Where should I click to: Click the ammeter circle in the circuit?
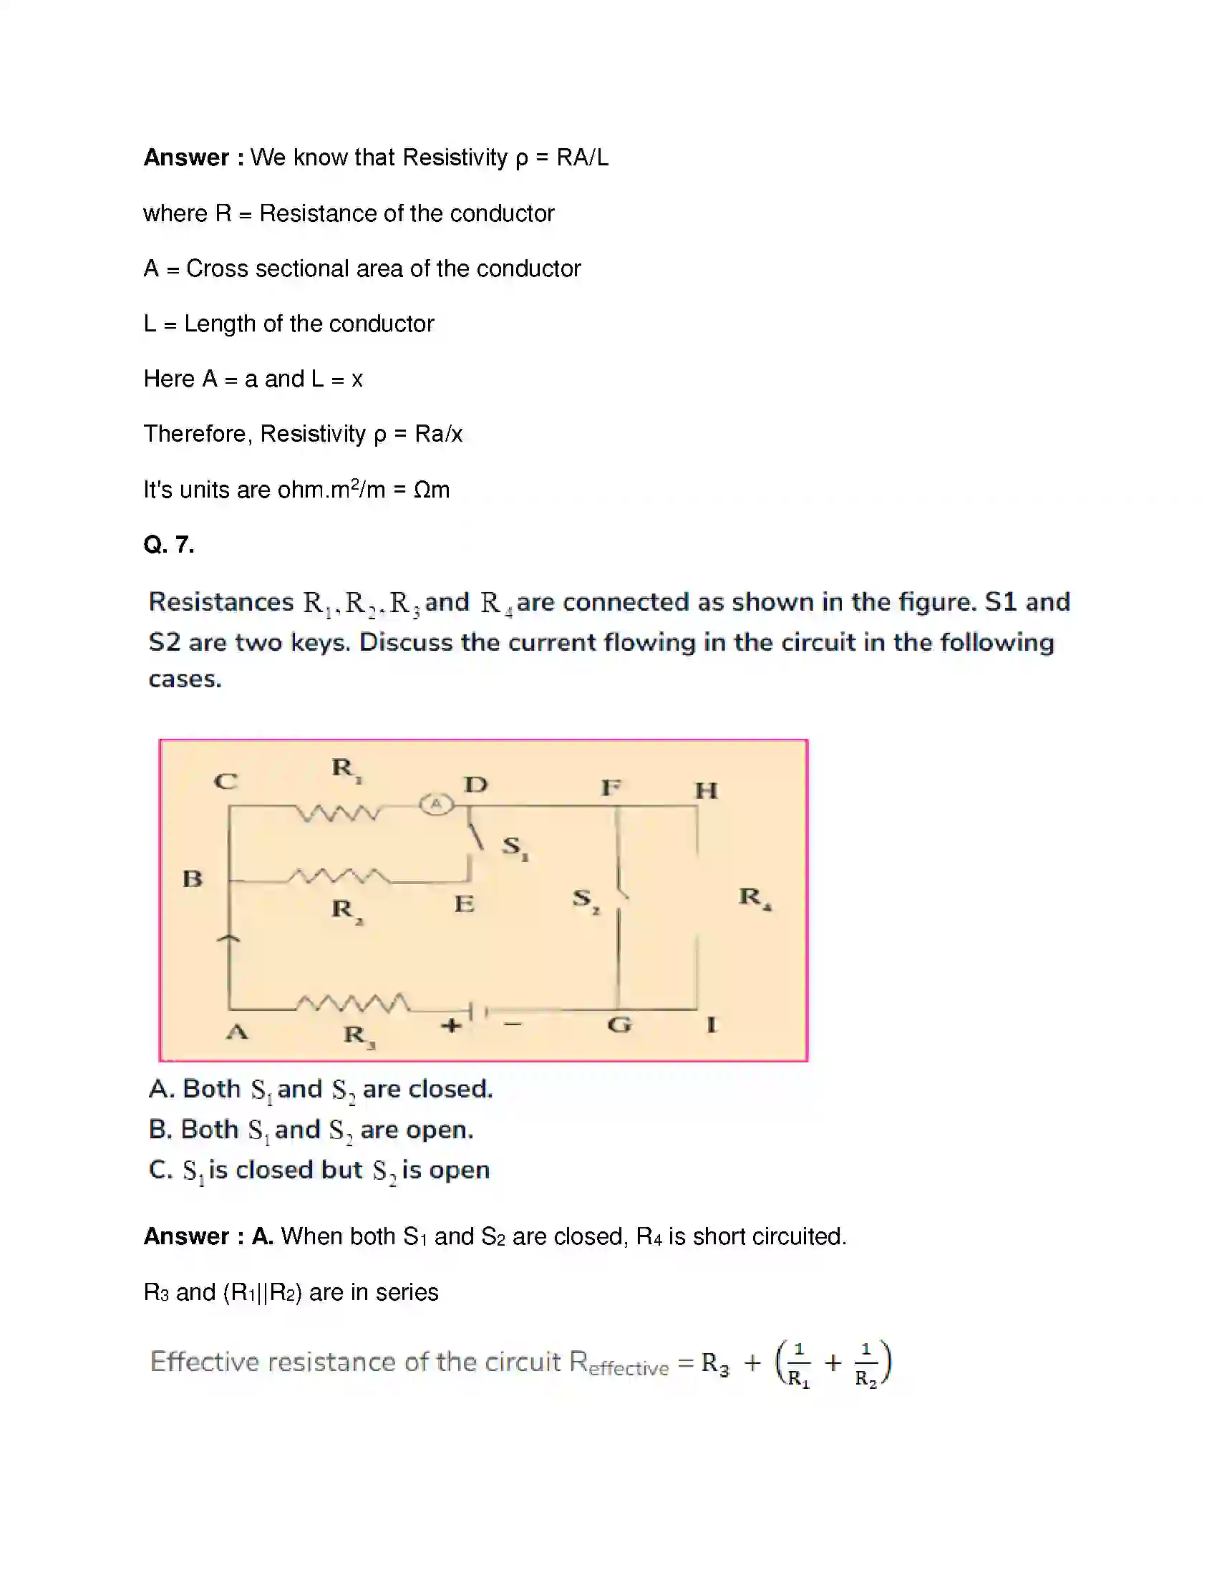tap(435, 803)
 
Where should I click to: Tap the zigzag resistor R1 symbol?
tap(337, 813)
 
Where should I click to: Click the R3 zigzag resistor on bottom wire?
tap(353, 1003)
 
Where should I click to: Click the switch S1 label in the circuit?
tap(515, 847)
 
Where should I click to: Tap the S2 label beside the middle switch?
tap(586, 899)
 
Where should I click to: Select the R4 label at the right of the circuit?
tap(754, 898)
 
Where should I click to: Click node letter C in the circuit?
tap(225, 781)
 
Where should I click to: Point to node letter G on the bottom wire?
tap(619, 1024)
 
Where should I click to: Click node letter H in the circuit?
tap(705, 790)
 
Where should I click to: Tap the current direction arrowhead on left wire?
tap(228, 939)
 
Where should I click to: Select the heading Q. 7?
tap(169, 545)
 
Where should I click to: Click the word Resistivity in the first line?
tap(454, 157)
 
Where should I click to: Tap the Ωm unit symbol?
tap(431, 490)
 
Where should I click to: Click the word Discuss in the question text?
tap(405, 642)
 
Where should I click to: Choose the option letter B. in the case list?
tap(160, 1129)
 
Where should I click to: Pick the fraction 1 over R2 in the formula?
tap(866, 1364)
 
